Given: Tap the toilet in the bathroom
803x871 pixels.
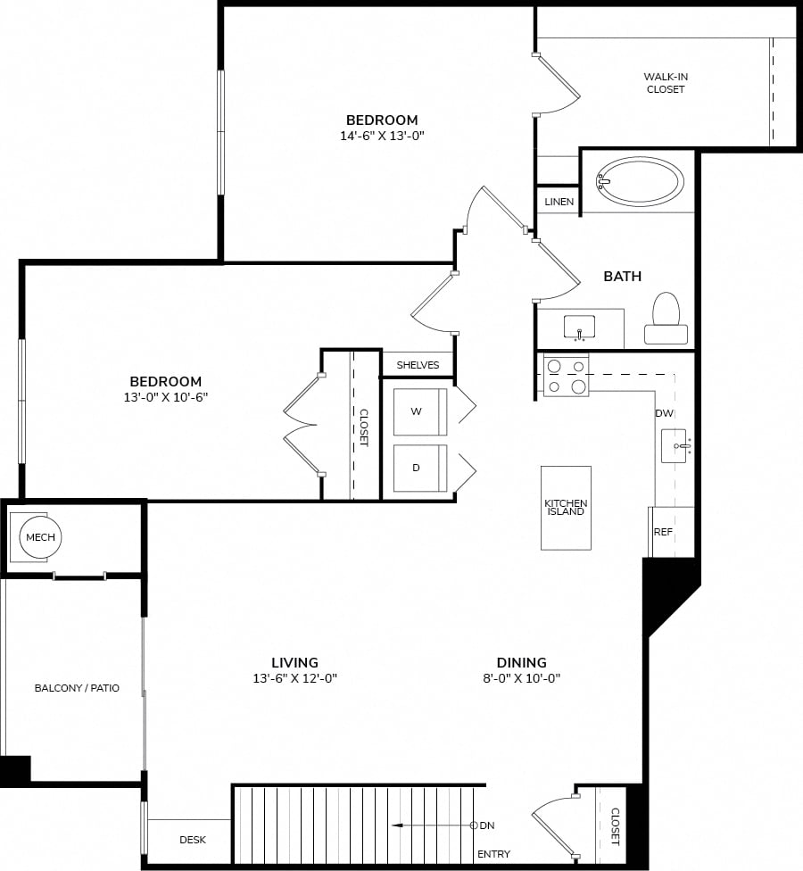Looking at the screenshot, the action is click(x=666, y=319).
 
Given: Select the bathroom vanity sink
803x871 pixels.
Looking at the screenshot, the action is click(x=579, y=328).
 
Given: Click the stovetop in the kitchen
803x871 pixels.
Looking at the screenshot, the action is click(x=566, y=376).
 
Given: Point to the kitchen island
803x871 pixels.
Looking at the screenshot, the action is click(x=566, y=508).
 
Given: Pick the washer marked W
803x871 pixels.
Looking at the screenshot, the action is click(x=420, y=411).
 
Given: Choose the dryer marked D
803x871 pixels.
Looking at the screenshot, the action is click(x=420, y=468).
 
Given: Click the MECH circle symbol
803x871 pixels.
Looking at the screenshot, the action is click(x=40, y=537).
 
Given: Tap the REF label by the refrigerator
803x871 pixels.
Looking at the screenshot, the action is click(x=663, y=532).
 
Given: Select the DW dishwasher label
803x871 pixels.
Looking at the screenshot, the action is click(x=664, y=412).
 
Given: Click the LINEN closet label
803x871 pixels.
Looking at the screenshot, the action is click(x=559, y=202).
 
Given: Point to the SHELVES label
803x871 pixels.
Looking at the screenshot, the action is click(x=418, y=365).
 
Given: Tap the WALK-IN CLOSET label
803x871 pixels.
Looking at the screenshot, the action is click(x=666, y=83).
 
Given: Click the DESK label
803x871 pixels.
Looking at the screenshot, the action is click(x=193, y=840).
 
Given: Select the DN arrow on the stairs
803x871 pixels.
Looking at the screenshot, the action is click(x=435, y=825).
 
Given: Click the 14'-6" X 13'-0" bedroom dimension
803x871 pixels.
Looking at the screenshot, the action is click(x=382, y=136).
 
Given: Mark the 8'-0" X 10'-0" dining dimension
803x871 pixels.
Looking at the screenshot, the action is click(x=521, y=677).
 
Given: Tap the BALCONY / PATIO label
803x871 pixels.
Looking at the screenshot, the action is click(x=77, y=688).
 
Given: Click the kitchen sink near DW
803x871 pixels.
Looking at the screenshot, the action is click(x=675, y=445).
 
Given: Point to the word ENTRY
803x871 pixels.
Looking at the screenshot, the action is click(x=493, y=854).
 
